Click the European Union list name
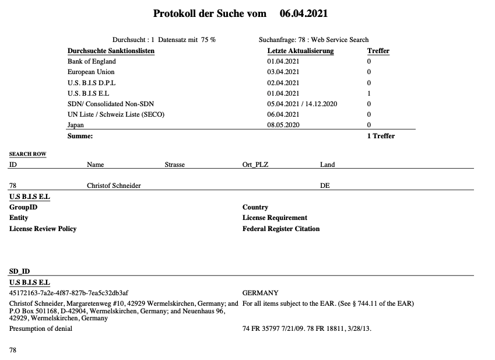(x=91, y=72)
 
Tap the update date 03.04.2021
(x=283, y=72)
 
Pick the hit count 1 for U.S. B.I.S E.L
(x=369, y=93)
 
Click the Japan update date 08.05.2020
(x=283, y=125)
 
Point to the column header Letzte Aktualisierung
(x=300, y=51)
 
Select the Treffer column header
(x=378, y=51)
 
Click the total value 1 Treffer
(x=381, y=136)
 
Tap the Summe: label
(x=80, y=136)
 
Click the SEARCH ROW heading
(x=27, y=154)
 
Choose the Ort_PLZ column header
(x=255, y=165)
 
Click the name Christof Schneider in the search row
(x=114, y=186)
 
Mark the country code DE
(x=325, y=186)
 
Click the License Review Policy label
(x=43, y=229)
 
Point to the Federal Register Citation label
(x=281, y=229)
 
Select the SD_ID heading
(x=19, y=271)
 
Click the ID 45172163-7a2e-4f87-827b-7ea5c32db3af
(x=69, y=293)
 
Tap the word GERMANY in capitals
(x=260, y=293)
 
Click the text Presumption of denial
(x=41, y=329)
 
